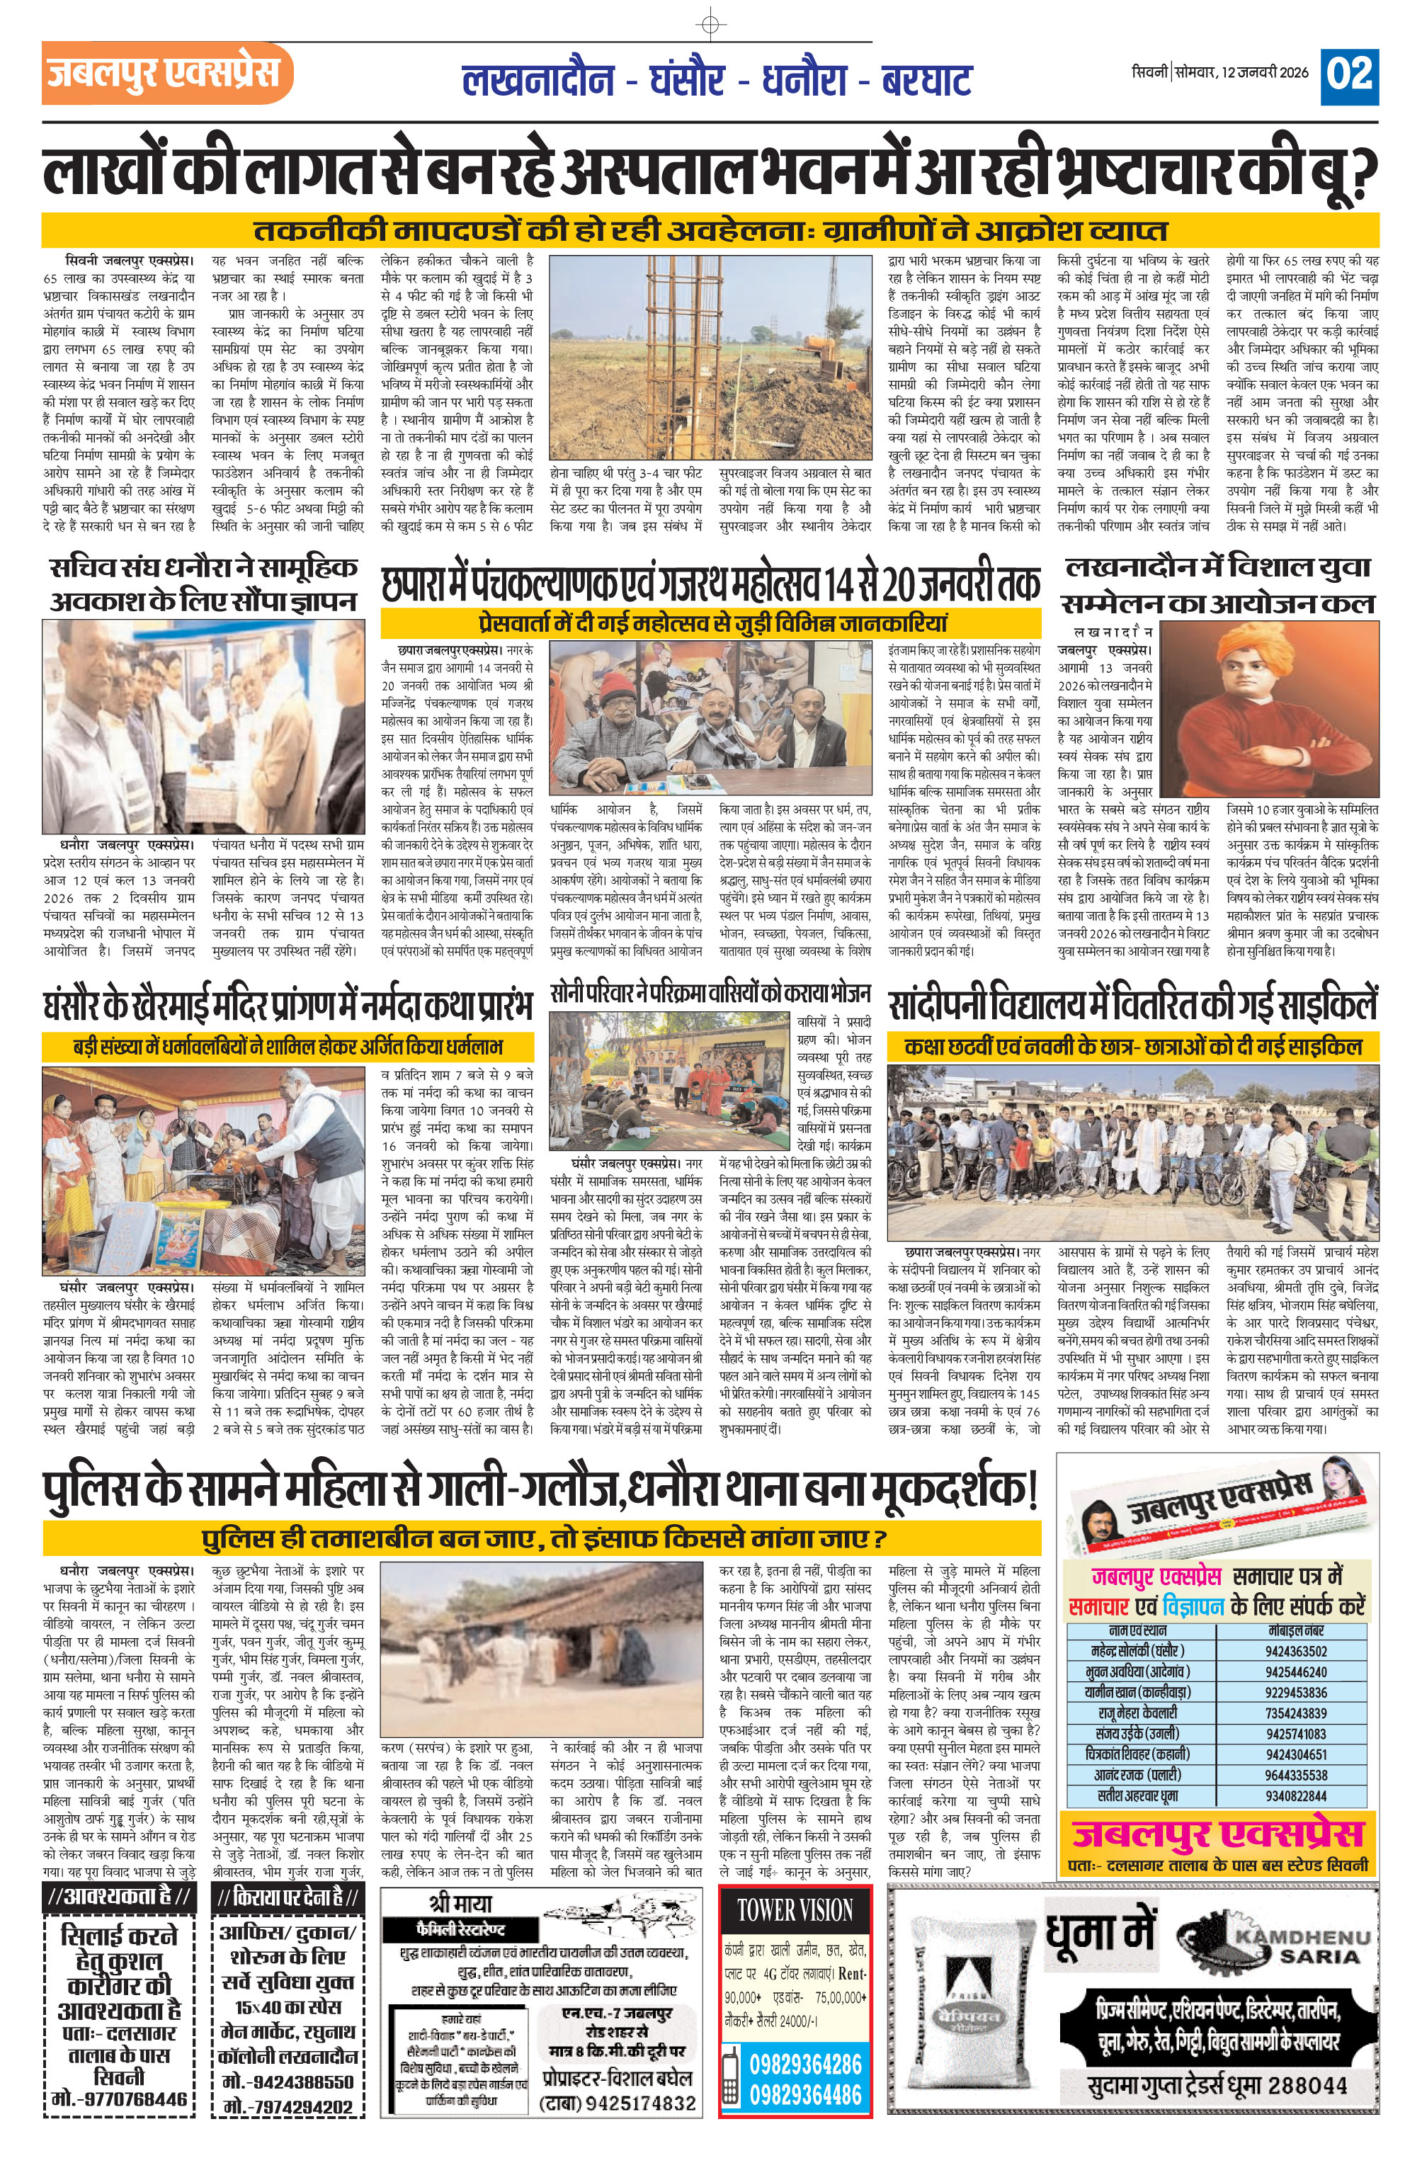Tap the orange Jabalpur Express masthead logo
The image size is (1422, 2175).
pos(166,73)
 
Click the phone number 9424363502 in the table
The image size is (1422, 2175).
pos(1296,1652)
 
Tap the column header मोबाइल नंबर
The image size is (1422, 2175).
pos(1296,1631)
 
